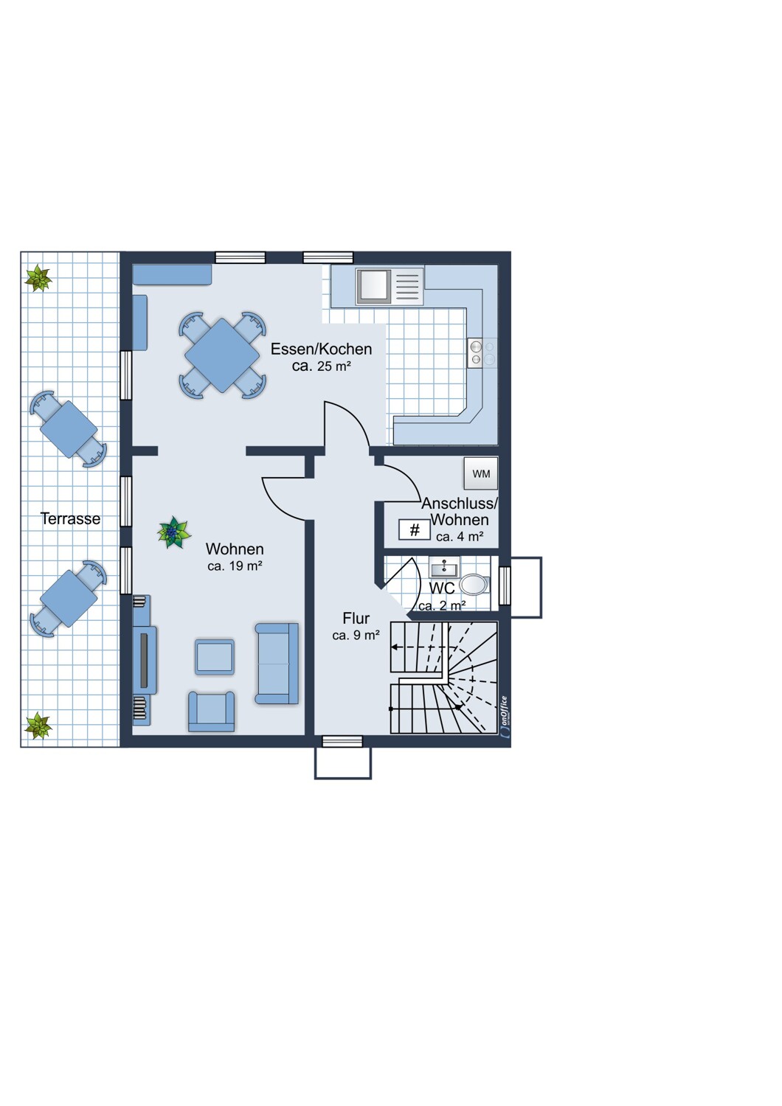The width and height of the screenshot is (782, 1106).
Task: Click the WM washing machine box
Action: (x=481, y=473)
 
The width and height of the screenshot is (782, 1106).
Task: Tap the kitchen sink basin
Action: (x=374, y=285)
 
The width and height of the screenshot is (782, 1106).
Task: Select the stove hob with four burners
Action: (x=476, y=352)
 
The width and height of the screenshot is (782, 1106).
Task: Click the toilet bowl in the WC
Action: (x=474, y=585)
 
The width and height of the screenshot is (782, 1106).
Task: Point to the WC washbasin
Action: (x=444, y=568)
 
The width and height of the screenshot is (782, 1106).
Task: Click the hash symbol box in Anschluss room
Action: (x=415, y=529)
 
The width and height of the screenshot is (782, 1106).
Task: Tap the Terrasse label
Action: (x=70, y=518)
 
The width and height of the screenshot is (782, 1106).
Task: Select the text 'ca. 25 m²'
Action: (x=321, y=366)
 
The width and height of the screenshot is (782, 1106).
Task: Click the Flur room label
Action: (x=356, y=618)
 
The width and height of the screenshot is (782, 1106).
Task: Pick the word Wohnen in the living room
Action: (x=235, y=549)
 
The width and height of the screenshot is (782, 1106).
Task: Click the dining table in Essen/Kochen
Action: (x=222, y=355)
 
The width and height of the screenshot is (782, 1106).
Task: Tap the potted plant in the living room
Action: (x=173, y=532)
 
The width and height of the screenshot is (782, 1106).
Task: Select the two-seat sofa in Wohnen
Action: (x=277, y=663)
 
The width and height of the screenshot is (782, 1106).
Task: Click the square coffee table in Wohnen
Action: (x=215, y=657)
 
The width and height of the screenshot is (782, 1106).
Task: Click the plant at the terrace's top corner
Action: (x=38, y=278)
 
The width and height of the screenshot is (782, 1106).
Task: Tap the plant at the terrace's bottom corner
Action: (x=38, y=726)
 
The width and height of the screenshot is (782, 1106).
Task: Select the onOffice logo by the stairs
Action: (x=505, y=716)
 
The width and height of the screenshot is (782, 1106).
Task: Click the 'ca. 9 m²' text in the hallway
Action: (x=356, y=635)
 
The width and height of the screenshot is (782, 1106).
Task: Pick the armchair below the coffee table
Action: (x=211, y=711)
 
